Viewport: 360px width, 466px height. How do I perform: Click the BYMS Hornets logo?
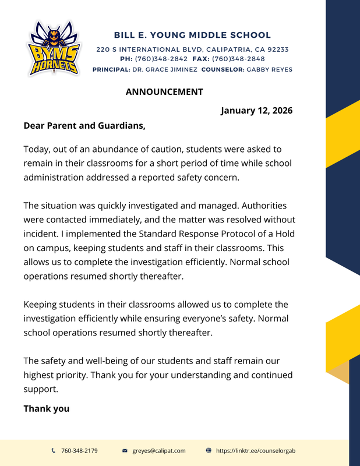[53, 49]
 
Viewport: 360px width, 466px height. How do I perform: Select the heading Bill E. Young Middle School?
[192, 36]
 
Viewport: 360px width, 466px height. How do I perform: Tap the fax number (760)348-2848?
[238, 59]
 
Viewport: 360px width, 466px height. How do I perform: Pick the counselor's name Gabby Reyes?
[270, 69]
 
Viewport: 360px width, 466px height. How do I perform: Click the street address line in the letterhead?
[192, 50]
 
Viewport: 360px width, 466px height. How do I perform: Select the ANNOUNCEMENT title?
[164, 91]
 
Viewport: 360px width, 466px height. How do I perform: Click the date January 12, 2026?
[256, 111]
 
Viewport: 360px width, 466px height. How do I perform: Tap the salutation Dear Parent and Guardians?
[84, 125]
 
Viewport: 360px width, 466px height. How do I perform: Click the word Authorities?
[262, 206]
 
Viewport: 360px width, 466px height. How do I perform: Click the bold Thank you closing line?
[46, 408]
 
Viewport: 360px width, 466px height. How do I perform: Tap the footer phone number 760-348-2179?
[79, 451]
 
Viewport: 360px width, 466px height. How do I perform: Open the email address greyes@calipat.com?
[159, 451]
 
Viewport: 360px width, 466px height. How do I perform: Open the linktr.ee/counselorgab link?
[256, 451]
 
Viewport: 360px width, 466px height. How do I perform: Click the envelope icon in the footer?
[125, 451]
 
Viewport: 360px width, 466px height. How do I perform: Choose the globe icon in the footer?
[209, 451]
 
